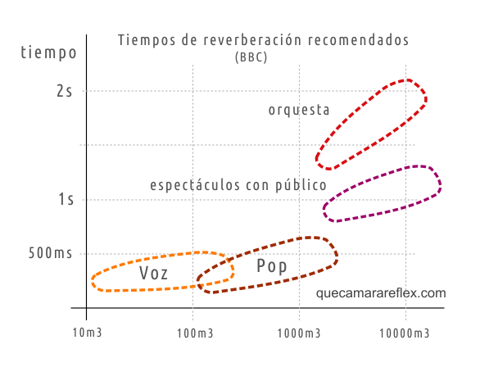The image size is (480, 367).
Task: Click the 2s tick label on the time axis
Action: pyautogui.click(x=65, y=91)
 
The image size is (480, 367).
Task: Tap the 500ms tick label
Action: pyautogui.click(x=51, y=253)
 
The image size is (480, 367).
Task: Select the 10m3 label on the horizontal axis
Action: pyautogui.click(x=86, y=333)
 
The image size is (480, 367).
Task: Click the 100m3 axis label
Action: pyautogui.click(x=193, y=333)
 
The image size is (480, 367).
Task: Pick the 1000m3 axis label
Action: pyautogui.click(x=300, y=333)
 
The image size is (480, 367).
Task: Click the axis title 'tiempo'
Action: pyautogui.click(x=49, y=53)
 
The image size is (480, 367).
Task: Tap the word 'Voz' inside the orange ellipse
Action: pyautogui.click(x=154, y=274)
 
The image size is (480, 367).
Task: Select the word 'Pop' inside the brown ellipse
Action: pyautogui.click(x=272, y=266)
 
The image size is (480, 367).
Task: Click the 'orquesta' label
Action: pyautogui.click(x=299, y=110)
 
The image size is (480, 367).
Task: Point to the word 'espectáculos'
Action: pyautogui.click(x=195, y=186)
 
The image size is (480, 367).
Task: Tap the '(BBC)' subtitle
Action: pyautogui.click(x=251, y=57)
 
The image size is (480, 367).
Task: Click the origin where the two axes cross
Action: pyautogui.click(x=86, y=309)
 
